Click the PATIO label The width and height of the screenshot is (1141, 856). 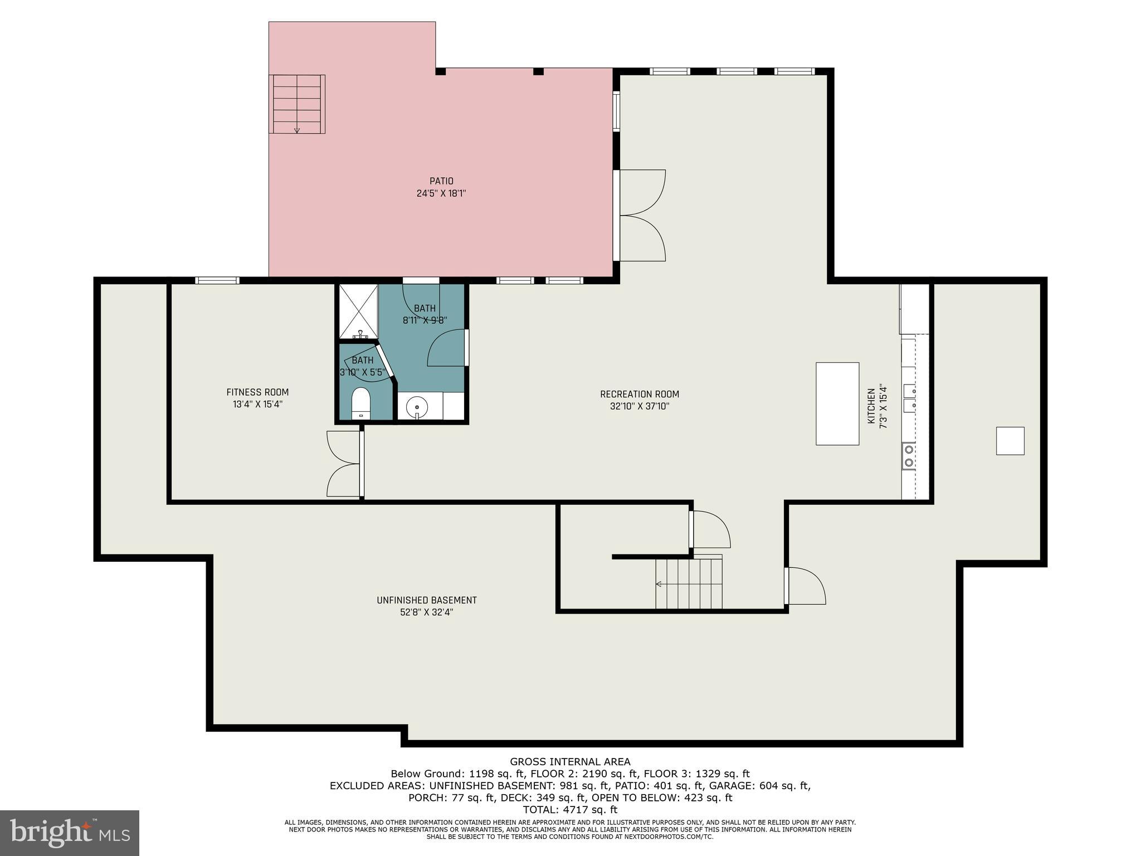441,181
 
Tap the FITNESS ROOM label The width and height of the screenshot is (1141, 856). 257,392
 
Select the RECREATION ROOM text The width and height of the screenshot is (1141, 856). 639,394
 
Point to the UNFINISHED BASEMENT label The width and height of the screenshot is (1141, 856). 426,600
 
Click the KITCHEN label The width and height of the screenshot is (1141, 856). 871,406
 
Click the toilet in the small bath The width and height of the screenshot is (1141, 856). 361,403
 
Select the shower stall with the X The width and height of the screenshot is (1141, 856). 358,310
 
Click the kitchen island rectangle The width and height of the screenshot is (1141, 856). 837,403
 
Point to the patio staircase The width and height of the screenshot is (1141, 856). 297,104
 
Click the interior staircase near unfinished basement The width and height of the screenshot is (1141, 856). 689,584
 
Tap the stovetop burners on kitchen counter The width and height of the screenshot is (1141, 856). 908,455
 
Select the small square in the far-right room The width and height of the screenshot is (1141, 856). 1010,441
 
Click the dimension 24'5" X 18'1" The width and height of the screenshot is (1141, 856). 441,194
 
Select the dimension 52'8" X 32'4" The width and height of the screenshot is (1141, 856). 426,612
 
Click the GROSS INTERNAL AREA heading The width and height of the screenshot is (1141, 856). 570,762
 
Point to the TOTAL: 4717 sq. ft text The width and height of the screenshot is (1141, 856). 570,810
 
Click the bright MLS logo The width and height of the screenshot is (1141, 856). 69,833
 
